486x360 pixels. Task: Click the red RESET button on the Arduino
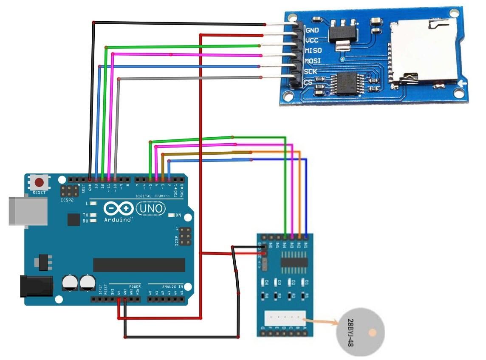pos(40,183)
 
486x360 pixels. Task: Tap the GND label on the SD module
pos(313,30)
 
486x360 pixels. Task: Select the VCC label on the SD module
pos(313,40)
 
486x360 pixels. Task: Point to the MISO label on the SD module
pos(314,51)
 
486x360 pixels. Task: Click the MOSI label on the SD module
pos(313,61)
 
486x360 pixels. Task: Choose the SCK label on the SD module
pos(311,71)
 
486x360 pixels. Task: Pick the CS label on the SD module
pos(308,82)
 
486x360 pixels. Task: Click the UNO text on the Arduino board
pos(150,208)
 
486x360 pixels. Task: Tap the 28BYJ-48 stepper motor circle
pos(360,332)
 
